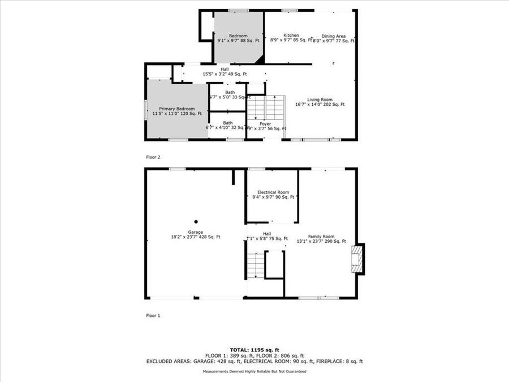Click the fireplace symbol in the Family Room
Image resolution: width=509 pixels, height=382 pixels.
click(x=357, y=259)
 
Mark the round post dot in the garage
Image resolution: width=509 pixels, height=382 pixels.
click(x=196, y=222)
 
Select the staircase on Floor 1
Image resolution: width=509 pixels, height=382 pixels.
click(x=256, y=265)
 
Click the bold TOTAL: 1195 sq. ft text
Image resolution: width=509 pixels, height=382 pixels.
click(x=255, y=349)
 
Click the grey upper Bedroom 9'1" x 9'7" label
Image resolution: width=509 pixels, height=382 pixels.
click(x=238, y=38)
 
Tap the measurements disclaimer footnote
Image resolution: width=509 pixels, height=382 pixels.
click(x=255, y=371)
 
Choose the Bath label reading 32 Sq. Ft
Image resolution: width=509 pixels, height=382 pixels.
click(x=227, y=125)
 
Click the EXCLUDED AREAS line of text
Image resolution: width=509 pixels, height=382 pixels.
click(x=255, y=361)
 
